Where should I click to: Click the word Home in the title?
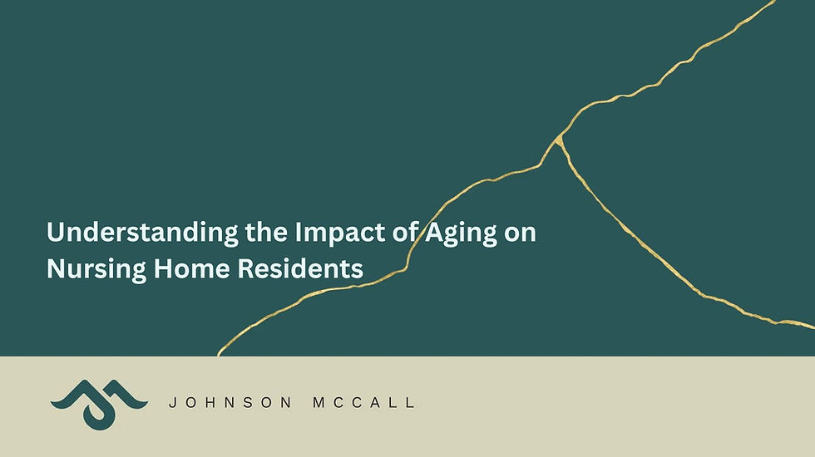[175, 268]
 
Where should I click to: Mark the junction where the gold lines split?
[560, 137]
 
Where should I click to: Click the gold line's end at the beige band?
[219, 355]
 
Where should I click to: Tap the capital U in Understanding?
[55, 233]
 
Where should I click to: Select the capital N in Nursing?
[55, 268]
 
